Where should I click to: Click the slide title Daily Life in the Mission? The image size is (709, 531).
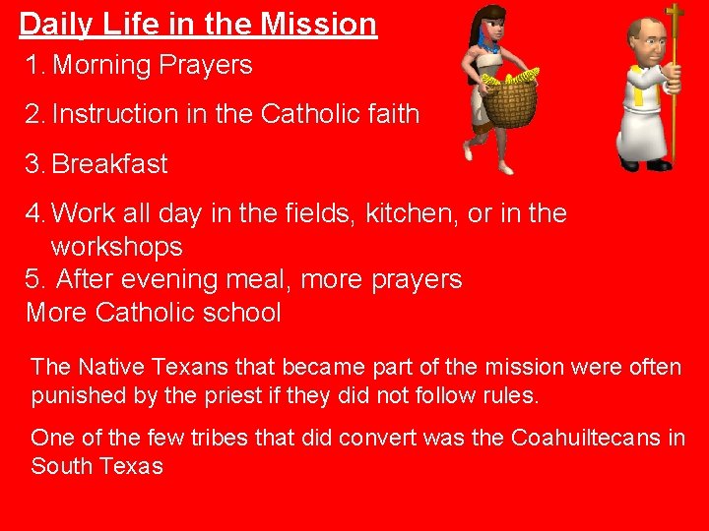pyautogui.click(x=198, y=23)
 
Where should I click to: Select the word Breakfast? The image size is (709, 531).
pyautogui.click(x=109, y=164)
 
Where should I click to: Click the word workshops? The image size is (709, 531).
pyautogui.click(x=116, y=246)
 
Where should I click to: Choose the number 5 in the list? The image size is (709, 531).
pyautogui.click(x=33, y=280)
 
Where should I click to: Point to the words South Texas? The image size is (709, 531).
pyautogui.click(x=97, y=466)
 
